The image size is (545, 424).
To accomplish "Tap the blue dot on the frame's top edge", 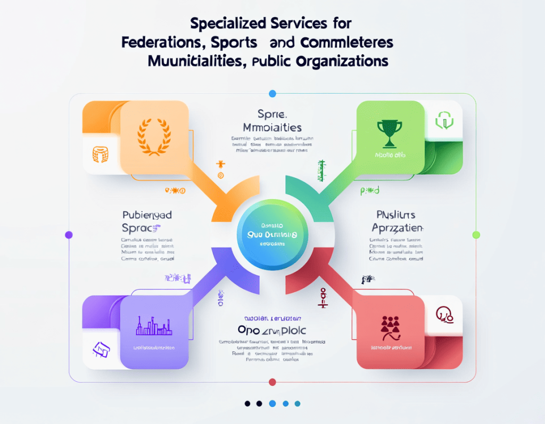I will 272,94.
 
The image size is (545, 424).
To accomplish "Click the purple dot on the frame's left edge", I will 68,234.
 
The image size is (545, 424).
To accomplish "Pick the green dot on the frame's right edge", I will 476,234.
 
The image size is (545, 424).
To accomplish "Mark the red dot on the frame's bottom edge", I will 272,382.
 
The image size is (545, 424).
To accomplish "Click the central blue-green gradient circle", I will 272,234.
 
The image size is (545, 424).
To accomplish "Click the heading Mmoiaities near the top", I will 272,128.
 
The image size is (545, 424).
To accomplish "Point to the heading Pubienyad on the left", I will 147,215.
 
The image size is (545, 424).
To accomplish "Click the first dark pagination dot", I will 247,403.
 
